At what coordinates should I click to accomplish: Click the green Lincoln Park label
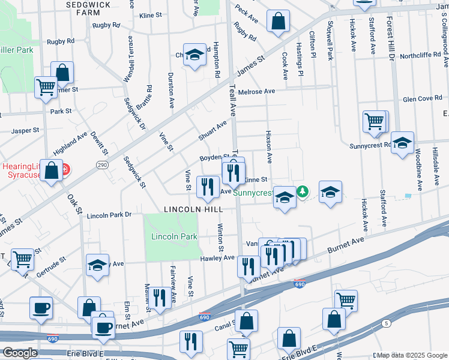tap(174, 236)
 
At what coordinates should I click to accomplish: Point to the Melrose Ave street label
tap(256, 92)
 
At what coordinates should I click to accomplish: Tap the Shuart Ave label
tap(213, 130)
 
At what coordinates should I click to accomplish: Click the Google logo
tap(19, 353)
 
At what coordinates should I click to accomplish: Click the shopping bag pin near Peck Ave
tap(278, 22)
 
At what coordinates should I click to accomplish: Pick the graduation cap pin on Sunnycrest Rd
tap(403, 143)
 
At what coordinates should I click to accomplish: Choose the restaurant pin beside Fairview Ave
tap(159, 298)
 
